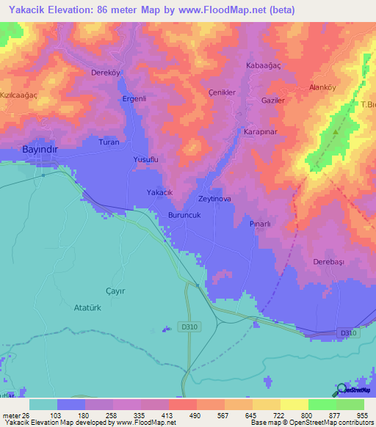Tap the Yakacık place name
[x=159, y=192]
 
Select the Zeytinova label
[x=215, y=199]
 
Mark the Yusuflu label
[x=145, y=159]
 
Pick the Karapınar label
[x=258, y=133]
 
